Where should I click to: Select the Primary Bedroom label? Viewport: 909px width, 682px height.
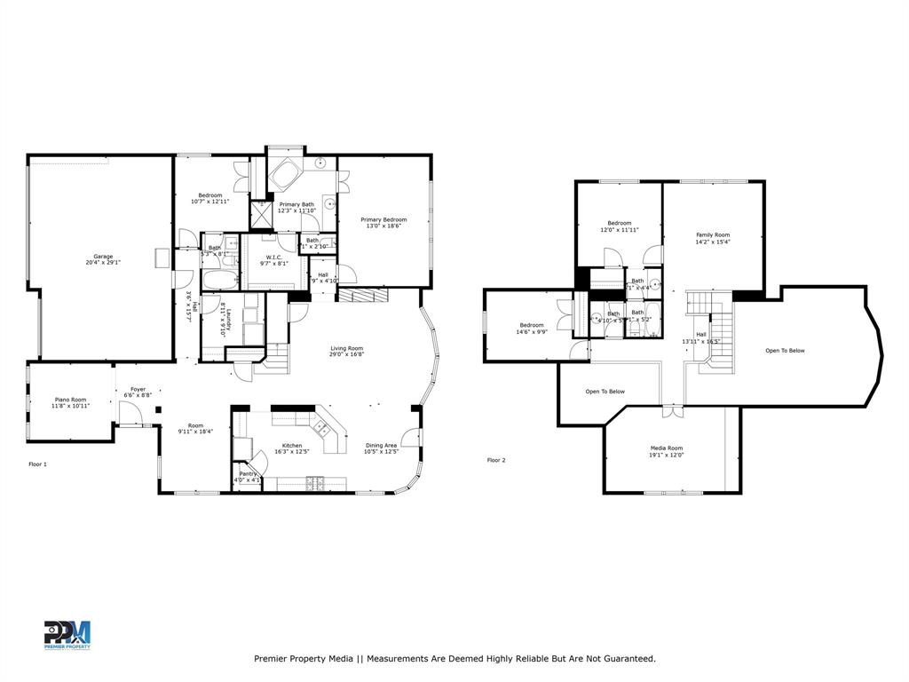pyautogui.click(x=383, y=219)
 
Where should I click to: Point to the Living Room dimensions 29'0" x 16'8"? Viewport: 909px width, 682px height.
pyautogui.click(x=347, y=354)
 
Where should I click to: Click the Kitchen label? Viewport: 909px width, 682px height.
pyautogui.click(x=292, y=446)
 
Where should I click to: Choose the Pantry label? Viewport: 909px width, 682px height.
pyautogui.click(x=249, y=473)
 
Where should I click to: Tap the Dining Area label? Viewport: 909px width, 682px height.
pyautogui.click(x=381, y=446)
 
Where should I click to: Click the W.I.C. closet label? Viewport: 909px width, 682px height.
pyautogui.click(x=271, y=257)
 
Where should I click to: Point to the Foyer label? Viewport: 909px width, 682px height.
pyautogui.click(x=138, y=389)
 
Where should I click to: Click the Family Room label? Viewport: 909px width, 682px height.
pyautogui.click(x=712, y=234)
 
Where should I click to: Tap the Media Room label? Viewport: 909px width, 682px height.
pyautogui.click(x=665, y=448)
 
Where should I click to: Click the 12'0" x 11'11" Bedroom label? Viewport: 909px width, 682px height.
pyautogui.click(x=619, y=223)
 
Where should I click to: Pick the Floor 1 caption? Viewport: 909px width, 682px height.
pyautogui.click(x=37, y=464)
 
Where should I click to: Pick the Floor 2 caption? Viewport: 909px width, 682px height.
pyautogui.click(x=495, y=460)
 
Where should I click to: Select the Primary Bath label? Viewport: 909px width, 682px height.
pyautogui.click(x=296, y=204)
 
